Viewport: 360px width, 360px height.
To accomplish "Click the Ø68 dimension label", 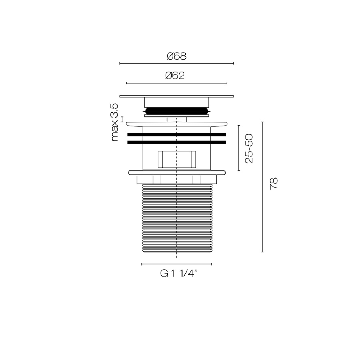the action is pyautogui.click(x=176, y=56).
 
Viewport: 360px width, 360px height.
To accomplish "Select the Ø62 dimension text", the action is pyautogui.click(x=175, y=76).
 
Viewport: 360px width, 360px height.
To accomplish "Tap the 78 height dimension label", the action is pyautogui.click(x=274, y=184).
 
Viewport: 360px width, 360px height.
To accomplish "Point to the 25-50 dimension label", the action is pyautogui.click(x=249, y=148).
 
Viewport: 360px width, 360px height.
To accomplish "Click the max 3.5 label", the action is pyautogui.click(x=114, y=122).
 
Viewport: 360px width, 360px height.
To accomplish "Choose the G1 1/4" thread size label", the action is pyautogui.click(x=179, y=274).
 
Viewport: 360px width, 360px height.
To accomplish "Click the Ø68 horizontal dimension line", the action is pyautogui.click(x=176, y=63).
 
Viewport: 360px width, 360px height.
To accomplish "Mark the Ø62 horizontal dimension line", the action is pyautogui.click(x=176, y=83).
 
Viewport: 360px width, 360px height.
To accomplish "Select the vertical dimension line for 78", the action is pyautogui.click(x=262, y=187).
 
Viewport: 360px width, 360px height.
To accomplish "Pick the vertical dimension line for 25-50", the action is pyautogui.click(x=239, y=148).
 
